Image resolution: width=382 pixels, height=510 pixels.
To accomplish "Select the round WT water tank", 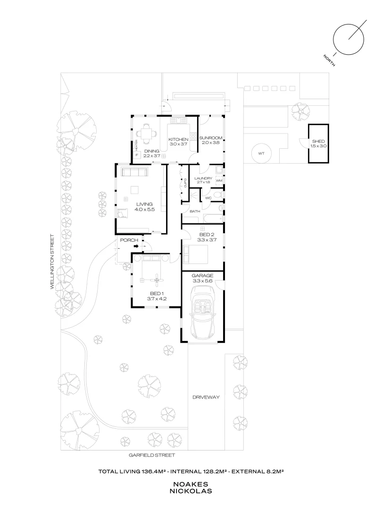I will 261,153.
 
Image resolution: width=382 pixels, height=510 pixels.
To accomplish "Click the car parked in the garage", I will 203,315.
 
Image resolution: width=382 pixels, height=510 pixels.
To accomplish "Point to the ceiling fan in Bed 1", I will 156,280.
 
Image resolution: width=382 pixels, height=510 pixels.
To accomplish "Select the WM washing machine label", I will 219,180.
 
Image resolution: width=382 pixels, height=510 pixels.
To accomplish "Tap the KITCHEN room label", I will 178,139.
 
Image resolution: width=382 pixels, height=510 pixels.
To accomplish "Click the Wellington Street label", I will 54,264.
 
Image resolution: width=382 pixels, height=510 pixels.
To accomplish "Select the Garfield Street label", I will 152,455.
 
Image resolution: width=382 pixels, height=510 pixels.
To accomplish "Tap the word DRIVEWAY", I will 206,397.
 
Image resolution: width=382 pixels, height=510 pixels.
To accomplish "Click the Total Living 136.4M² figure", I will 132,471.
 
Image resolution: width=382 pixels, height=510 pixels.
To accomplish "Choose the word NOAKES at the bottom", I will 192,484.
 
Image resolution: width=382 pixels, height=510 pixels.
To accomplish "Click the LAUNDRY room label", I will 203,178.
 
